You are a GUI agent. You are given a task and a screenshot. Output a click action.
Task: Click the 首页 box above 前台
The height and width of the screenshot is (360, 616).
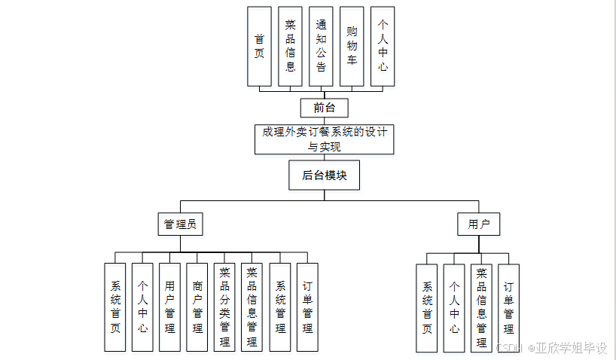(x=259, y=45)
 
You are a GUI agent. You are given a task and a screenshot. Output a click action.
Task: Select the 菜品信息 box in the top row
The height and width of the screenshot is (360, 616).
(x=291, y=45)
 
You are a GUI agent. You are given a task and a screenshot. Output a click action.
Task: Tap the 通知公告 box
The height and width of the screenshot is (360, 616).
(x=322, y=45)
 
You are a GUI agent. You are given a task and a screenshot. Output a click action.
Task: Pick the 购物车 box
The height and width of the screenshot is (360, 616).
(x=352, y=45)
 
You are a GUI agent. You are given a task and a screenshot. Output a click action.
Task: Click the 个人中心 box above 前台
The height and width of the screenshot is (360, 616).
(x=383, y=45)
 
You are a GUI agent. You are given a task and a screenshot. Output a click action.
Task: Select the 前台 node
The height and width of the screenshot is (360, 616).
(x=324, y=108)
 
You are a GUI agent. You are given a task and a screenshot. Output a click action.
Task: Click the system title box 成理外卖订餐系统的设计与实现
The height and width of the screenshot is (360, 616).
(x=325, y=139)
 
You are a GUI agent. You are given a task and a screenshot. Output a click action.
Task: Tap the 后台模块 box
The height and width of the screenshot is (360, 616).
(x=325, y=175)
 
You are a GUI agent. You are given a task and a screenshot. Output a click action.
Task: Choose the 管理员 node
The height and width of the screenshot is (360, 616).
(x=181, y=224)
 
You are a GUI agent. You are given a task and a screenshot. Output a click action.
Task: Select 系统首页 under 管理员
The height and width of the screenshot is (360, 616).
(x=115, y=307)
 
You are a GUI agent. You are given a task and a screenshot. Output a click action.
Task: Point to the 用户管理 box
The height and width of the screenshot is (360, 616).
(x=170, y=307)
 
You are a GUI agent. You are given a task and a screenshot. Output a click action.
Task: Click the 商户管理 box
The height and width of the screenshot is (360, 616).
(x=197, y=307)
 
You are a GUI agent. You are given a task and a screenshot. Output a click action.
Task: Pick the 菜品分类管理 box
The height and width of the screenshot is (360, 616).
(x=224, y=307)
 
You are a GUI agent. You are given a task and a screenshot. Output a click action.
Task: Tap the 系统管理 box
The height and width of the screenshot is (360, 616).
(x=280, y=307)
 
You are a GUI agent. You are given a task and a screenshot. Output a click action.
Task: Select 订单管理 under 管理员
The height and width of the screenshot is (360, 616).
(x=307, y=307)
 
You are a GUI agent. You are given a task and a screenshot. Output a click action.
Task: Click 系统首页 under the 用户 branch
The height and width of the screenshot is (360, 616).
(x=427, y=307)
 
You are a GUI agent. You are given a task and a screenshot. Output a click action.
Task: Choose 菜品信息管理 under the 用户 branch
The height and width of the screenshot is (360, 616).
(x=482, y=307)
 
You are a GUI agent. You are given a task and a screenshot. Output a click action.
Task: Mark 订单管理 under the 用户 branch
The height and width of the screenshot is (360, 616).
(x=509, y=307)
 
